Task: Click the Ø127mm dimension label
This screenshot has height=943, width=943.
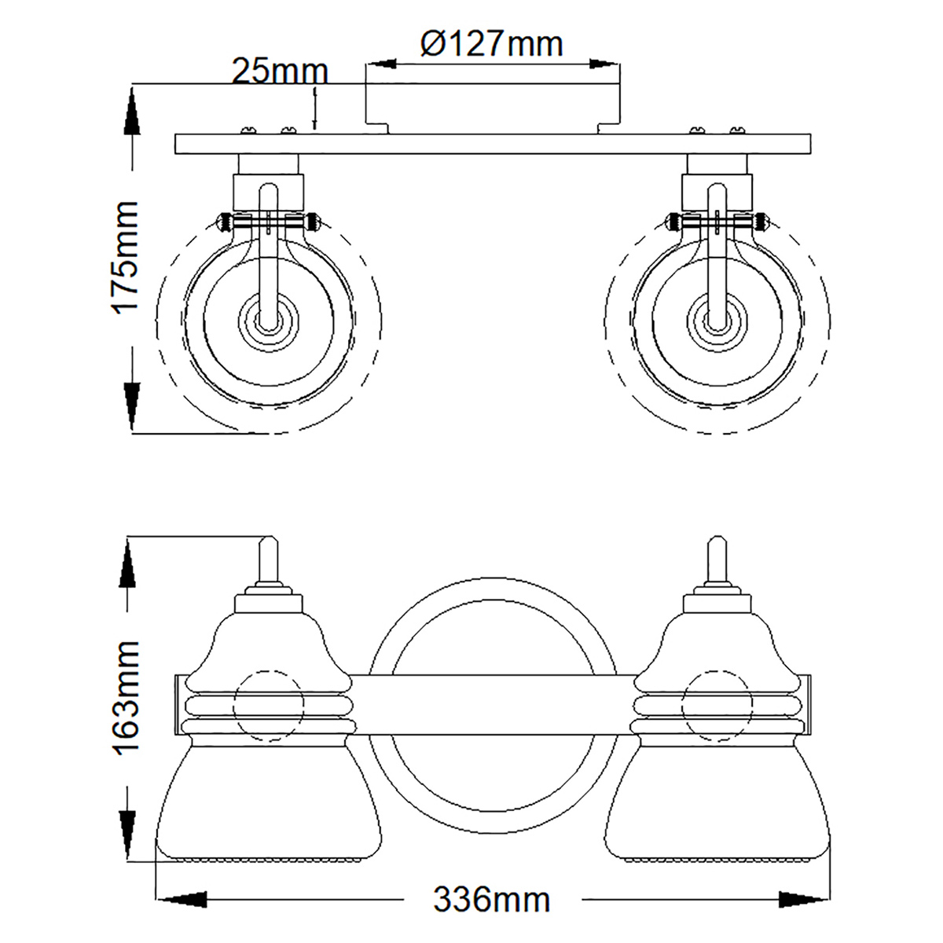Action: point(492,43)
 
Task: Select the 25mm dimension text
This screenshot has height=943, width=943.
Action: point(279,72)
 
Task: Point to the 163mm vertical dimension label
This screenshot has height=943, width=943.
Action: point(126,696)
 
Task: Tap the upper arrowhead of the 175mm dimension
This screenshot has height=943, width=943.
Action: point(131,114)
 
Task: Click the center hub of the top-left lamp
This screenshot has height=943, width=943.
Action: point(269,321)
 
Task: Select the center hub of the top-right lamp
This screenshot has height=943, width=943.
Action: point(717,321)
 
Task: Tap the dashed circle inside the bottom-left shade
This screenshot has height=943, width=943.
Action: point(269,705)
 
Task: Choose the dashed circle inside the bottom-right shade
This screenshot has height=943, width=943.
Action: point(717,705)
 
